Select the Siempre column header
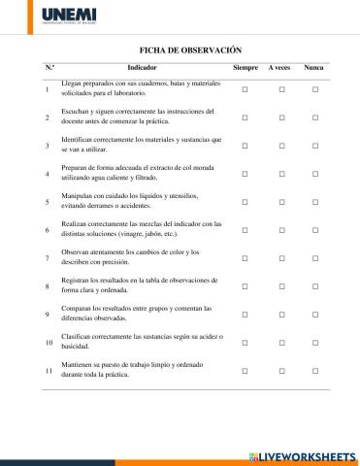coord(245,68)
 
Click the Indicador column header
coord(142,68)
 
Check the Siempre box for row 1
coord(245,89)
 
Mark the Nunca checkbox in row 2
coord(315,117)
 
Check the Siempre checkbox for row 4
coord(245,174)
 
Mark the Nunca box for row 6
coord(315,230)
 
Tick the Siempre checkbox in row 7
coord(245,258)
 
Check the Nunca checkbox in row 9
coord(315,315)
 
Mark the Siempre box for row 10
coord(245,343)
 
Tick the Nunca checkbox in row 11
coord(315,371)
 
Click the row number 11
coord(48,371)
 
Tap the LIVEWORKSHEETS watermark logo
coord(304,455)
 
